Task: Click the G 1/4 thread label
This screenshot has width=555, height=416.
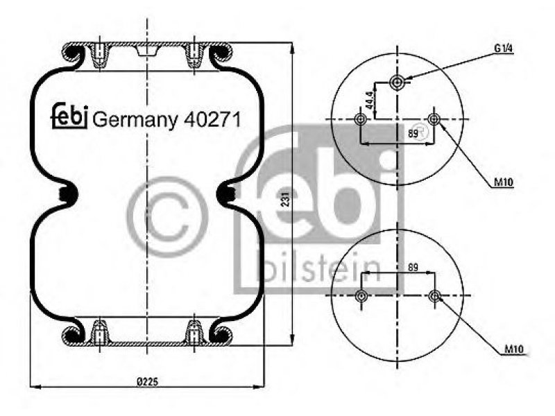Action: pos(504,49)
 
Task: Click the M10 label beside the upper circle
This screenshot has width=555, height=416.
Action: pos(504,182)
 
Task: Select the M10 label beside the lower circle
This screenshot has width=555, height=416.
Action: pos(513,349)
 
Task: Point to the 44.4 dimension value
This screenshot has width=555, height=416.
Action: pos(370,100)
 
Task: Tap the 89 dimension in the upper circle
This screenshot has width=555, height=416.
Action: pos(413,134)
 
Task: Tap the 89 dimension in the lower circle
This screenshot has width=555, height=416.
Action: pos(413,267)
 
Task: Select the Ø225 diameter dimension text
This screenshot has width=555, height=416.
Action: pos(148,382)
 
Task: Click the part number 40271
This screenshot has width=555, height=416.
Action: pos(212,119)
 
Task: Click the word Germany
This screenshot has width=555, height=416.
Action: pos(135,121)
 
